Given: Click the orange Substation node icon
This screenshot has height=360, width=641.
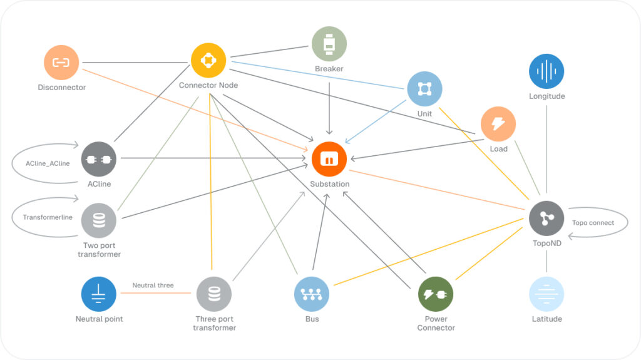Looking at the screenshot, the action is click(x=329, y=159).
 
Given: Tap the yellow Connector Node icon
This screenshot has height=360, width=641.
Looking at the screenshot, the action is click(x=208, y=60).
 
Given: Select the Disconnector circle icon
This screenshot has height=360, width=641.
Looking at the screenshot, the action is click(x=61, y=62).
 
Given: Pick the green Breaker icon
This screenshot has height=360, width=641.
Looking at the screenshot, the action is click(x=329, y=44).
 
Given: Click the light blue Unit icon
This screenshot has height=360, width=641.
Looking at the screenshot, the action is click(x=425, y=89).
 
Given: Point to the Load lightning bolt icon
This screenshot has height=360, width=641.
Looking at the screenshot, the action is click(x=498, y=124).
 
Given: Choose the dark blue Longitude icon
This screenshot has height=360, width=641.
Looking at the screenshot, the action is click(x=546, y=71).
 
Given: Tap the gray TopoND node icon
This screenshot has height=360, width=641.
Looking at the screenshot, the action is click(x=546, y=219).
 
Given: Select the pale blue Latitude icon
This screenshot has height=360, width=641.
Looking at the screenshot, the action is click(x=546, y=294).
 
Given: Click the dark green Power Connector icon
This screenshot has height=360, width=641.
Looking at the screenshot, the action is click(x=436, y=294).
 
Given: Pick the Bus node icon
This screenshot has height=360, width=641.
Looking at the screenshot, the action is click(x=312, y=294).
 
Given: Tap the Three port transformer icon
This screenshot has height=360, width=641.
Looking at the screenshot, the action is click(x=214, y=294).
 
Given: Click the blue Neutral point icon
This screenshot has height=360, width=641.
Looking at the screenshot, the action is click(x=98, y=294).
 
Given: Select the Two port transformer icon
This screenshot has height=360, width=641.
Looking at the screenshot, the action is click(x=98, y=220).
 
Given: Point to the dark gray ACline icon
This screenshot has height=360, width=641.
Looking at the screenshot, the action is click(x=98, y=159).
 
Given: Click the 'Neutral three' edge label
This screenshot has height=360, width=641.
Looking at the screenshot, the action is click(x=153, y=285).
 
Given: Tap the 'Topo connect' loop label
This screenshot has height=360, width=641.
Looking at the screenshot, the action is click(x=593, y=222).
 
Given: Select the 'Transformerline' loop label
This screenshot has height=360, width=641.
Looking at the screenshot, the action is click(x=48, y=217).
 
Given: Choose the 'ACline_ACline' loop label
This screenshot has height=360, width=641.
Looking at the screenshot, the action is click(x=48, y=163).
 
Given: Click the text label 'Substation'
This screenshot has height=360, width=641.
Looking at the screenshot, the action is click(x=329, y=184).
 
